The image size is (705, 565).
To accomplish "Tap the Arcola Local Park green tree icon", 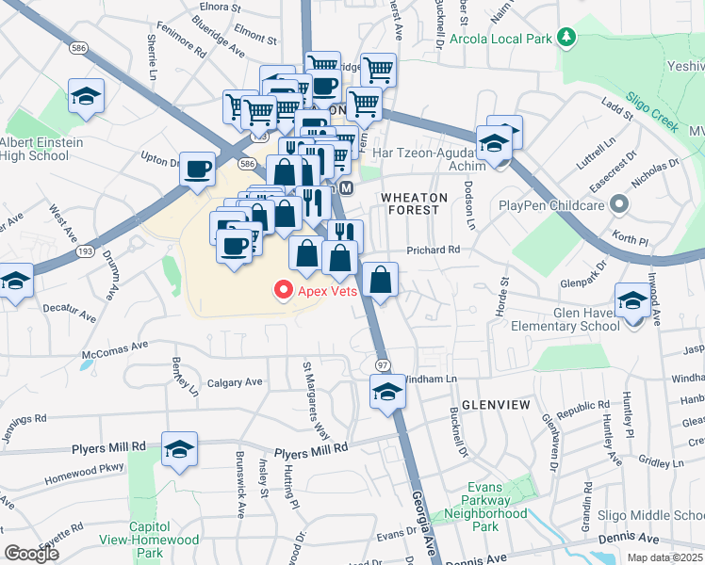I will pos(566,37).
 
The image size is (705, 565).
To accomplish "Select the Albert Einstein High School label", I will pos(41,150).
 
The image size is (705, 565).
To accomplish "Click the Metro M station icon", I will pos(346,188).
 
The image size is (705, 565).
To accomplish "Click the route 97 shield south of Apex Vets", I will pos(383,364).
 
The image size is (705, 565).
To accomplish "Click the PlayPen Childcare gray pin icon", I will pos(618,203).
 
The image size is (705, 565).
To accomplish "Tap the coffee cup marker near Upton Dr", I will pos(197,169).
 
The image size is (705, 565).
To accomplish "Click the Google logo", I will pos(31,553).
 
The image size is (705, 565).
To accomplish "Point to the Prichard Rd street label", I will pos(433,250).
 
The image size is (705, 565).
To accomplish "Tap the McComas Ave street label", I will pos(115,347).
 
